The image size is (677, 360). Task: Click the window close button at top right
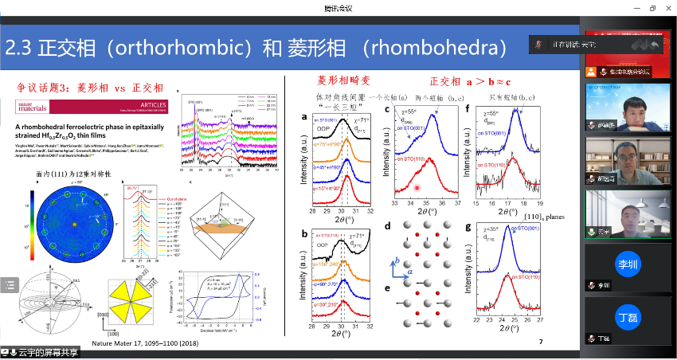666,7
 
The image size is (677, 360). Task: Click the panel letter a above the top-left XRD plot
304,118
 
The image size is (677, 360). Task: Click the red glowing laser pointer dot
417,188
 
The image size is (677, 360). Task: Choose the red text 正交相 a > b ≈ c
470,81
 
